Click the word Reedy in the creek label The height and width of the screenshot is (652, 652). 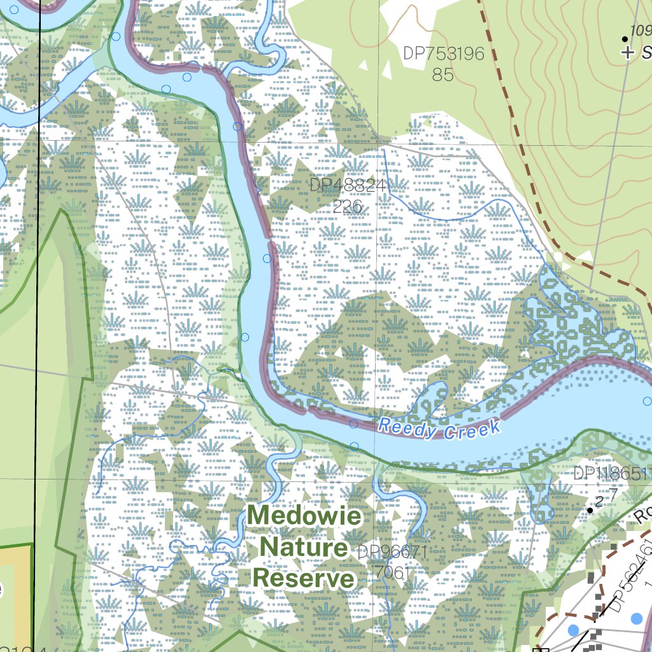[x=407, y=429]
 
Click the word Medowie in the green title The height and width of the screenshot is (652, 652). [x=304, y=516]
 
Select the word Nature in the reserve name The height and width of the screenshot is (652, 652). [x=304, y=547]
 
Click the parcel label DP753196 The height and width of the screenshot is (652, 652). [x=443, y=54]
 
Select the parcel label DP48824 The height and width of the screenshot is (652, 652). [x=348, y=185]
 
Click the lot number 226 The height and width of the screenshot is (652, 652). [x=348, y=206]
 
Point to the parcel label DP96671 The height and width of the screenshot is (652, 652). [x=391, y=551]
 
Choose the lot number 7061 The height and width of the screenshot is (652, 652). [x=392, y=572]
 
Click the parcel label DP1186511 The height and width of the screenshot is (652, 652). [x=612, y=473]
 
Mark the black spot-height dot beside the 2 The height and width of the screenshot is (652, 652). [x=590, y=510]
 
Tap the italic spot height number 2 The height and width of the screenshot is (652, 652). [x=599, y=501]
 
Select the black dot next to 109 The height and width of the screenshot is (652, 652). [x=625, y=39]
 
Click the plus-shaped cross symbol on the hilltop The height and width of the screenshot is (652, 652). [x=628, y=53]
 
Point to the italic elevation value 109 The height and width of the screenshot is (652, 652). [x=641, y=31]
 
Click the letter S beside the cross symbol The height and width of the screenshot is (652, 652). [x=646, y=52]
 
